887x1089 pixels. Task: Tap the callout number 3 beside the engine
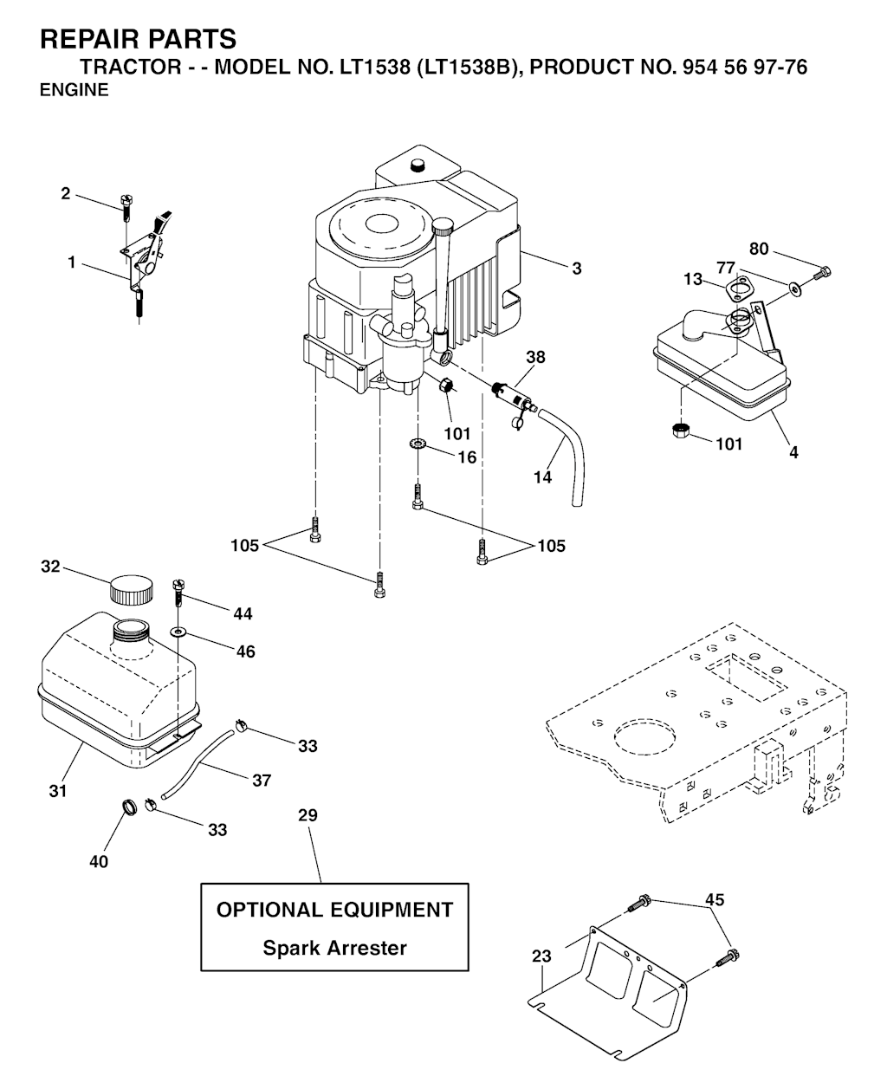point(577,269)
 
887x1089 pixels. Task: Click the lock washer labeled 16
point(418,443)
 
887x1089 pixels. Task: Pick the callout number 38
point(535,357)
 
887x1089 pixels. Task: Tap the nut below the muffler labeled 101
point(681,431)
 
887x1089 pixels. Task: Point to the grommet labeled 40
point(130,807)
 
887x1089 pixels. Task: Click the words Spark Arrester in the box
point(335,949)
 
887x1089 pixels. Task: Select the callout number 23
point(542,956)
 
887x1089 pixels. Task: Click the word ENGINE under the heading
point(74,90)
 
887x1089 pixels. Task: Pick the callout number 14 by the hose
point(543,477)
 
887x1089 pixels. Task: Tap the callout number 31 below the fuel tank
point(58,792)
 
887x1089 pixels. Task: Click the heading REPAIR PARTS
point(138,39)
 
